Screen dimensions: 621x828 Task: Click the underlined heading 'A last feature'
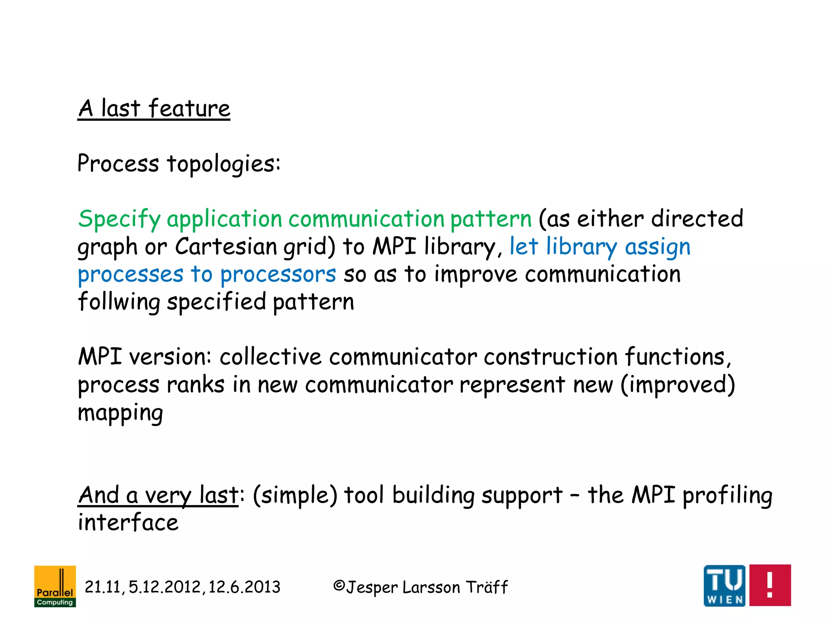click(x=154, y=109)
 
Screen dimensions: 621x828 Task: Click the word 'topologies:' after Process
click(x=224, y=164)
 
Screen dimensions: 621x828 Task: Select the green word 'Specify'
click(x=119, y=220)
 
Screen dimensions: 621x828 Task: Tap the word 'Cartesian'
click(x=226, y=247)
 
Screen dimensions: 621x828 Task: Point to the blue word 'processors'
click(x=278, y=275)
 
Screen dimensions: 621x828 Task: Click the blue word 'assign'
click(x=657, y=247)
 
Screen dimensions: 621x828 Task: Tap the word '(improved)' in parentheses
click(x=678, y=384)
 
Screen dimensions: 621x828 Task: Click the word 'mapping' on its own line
click(x=120, y=413)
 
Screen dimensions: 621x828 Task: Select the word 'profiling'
click(x=727, y=495)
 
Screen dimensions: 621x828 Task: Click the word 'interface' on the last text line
click(x=128, y=522)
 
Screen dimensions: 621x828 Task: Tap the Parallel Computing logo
click(x=55, y=586)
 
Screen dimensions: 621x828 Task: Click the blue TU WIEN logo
click(x=724, y=585)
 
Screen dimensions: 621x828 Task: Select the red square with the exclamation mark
click(x=770, y=585)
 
